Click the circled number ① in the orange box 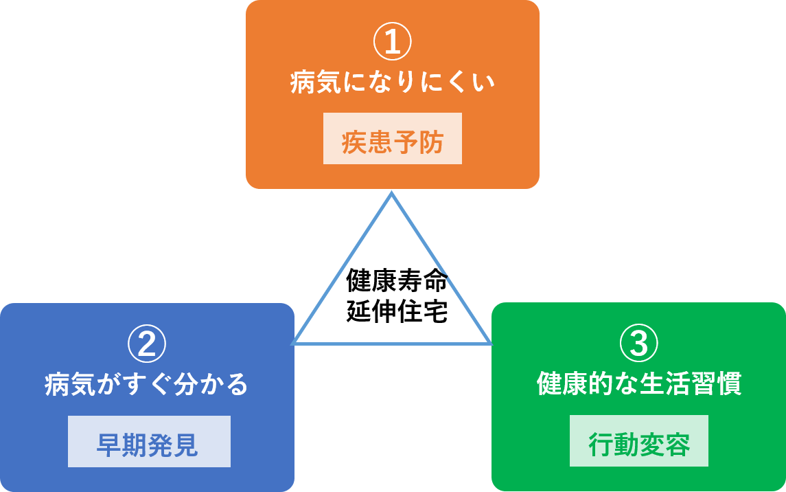tap(392, 43)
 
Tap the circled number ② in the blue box tap(147, 345)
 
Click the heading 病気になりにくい tap(392, 83)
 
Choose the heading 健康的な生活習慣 tap(638, 383)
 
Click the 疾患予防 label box tap(393, 139)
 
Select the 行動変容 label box tap(639, 441)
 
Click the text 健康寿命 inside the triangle tap(397, 281)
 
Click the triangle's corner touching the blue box tap(294, 343)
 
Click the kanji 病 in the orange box tap(303, 83)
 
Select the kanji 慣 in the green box tap(729, 383)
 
